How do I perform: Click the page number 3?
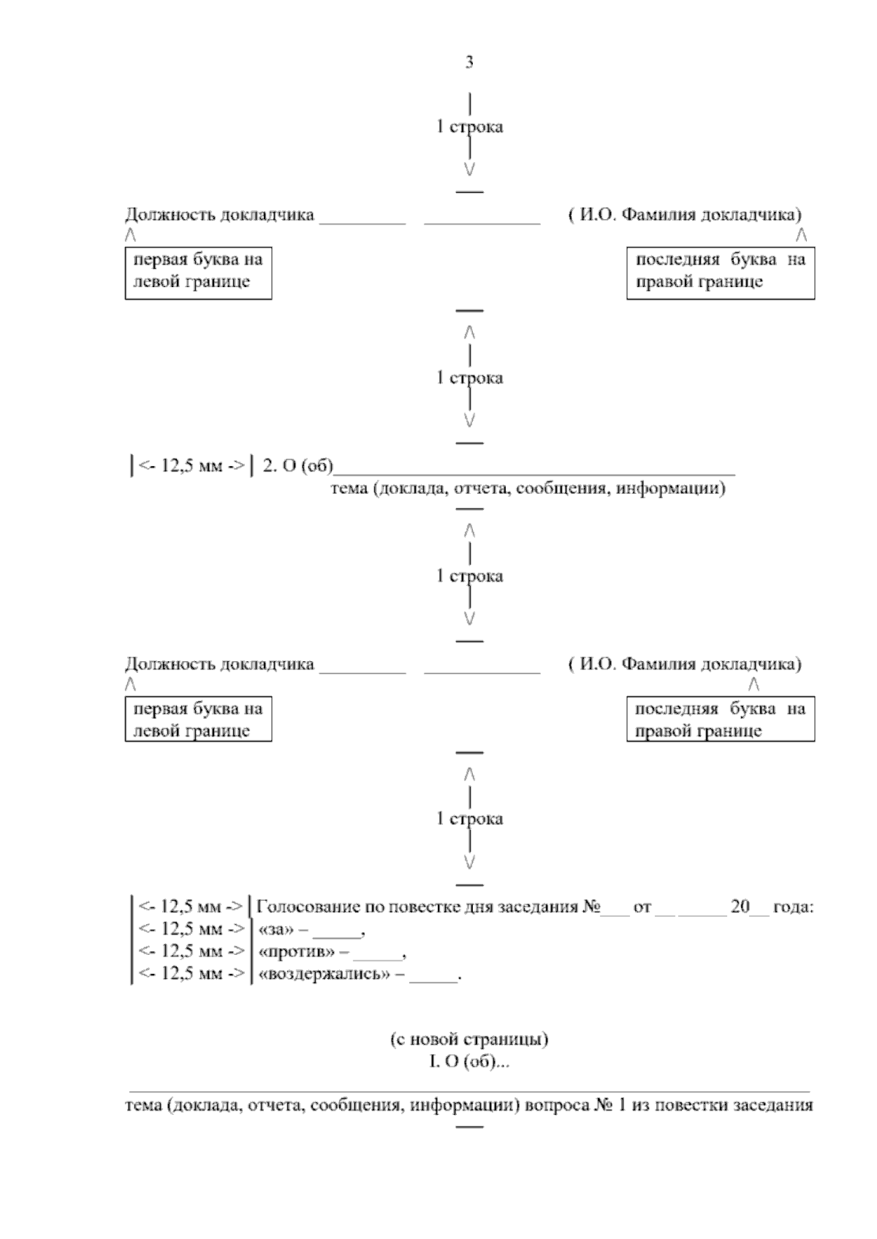pos(469,63)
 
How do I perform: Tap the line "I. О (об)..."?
pos(469,1061)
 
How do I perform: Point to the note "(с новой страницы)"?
pos(469,1039)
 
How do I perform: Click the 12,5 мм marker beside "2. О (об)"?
pos(191,466)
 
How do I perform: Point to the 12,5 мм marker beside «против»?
pos(191,952)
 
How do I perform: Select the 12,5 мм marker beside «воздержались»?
pos(191,975)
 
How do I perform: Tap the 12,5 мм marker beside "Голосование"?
pos(191,907)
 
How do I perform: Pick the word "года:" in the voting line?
pos(792,907)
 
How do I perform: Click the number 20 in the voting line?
pos(740,907)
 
